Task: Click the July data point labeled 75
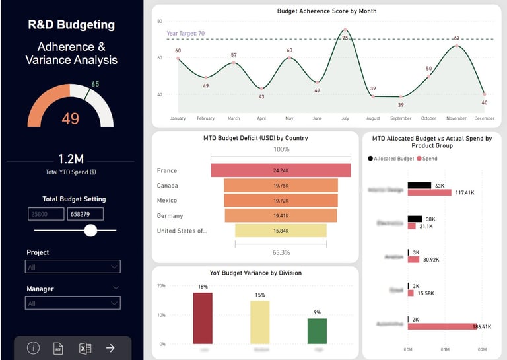(x=345, y=30)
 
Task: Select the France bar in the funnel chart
(x=281, y=170)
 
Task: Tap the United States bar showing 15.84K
(x=281, y=231)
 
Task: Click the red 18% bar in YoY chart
(x=203, y=318)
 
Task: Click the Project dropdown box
(x=73, y=267)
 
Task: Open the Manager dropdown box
(x=73, y=303)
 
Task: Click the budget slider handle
(x=90, y=230)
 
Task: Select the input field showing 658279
(x=85, y=214)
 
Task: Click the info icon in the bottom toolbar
(x=33, y=348)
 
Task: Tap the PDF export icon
(x=58, y=348)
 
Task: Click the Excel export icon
(x=84, y=348)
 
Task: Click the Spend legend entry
(x=426, y=159)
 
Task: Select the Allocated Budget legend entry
(x=393, y=159)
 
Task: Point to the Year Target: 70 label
(x=186, y=33)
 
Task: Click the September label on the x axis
(x=401, y=118)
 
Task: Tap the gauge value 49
(x=71, y=118)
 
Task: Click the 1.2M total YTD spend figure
(x=71, y=159)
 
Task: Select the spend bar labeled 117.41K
(x=430, y=192)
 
